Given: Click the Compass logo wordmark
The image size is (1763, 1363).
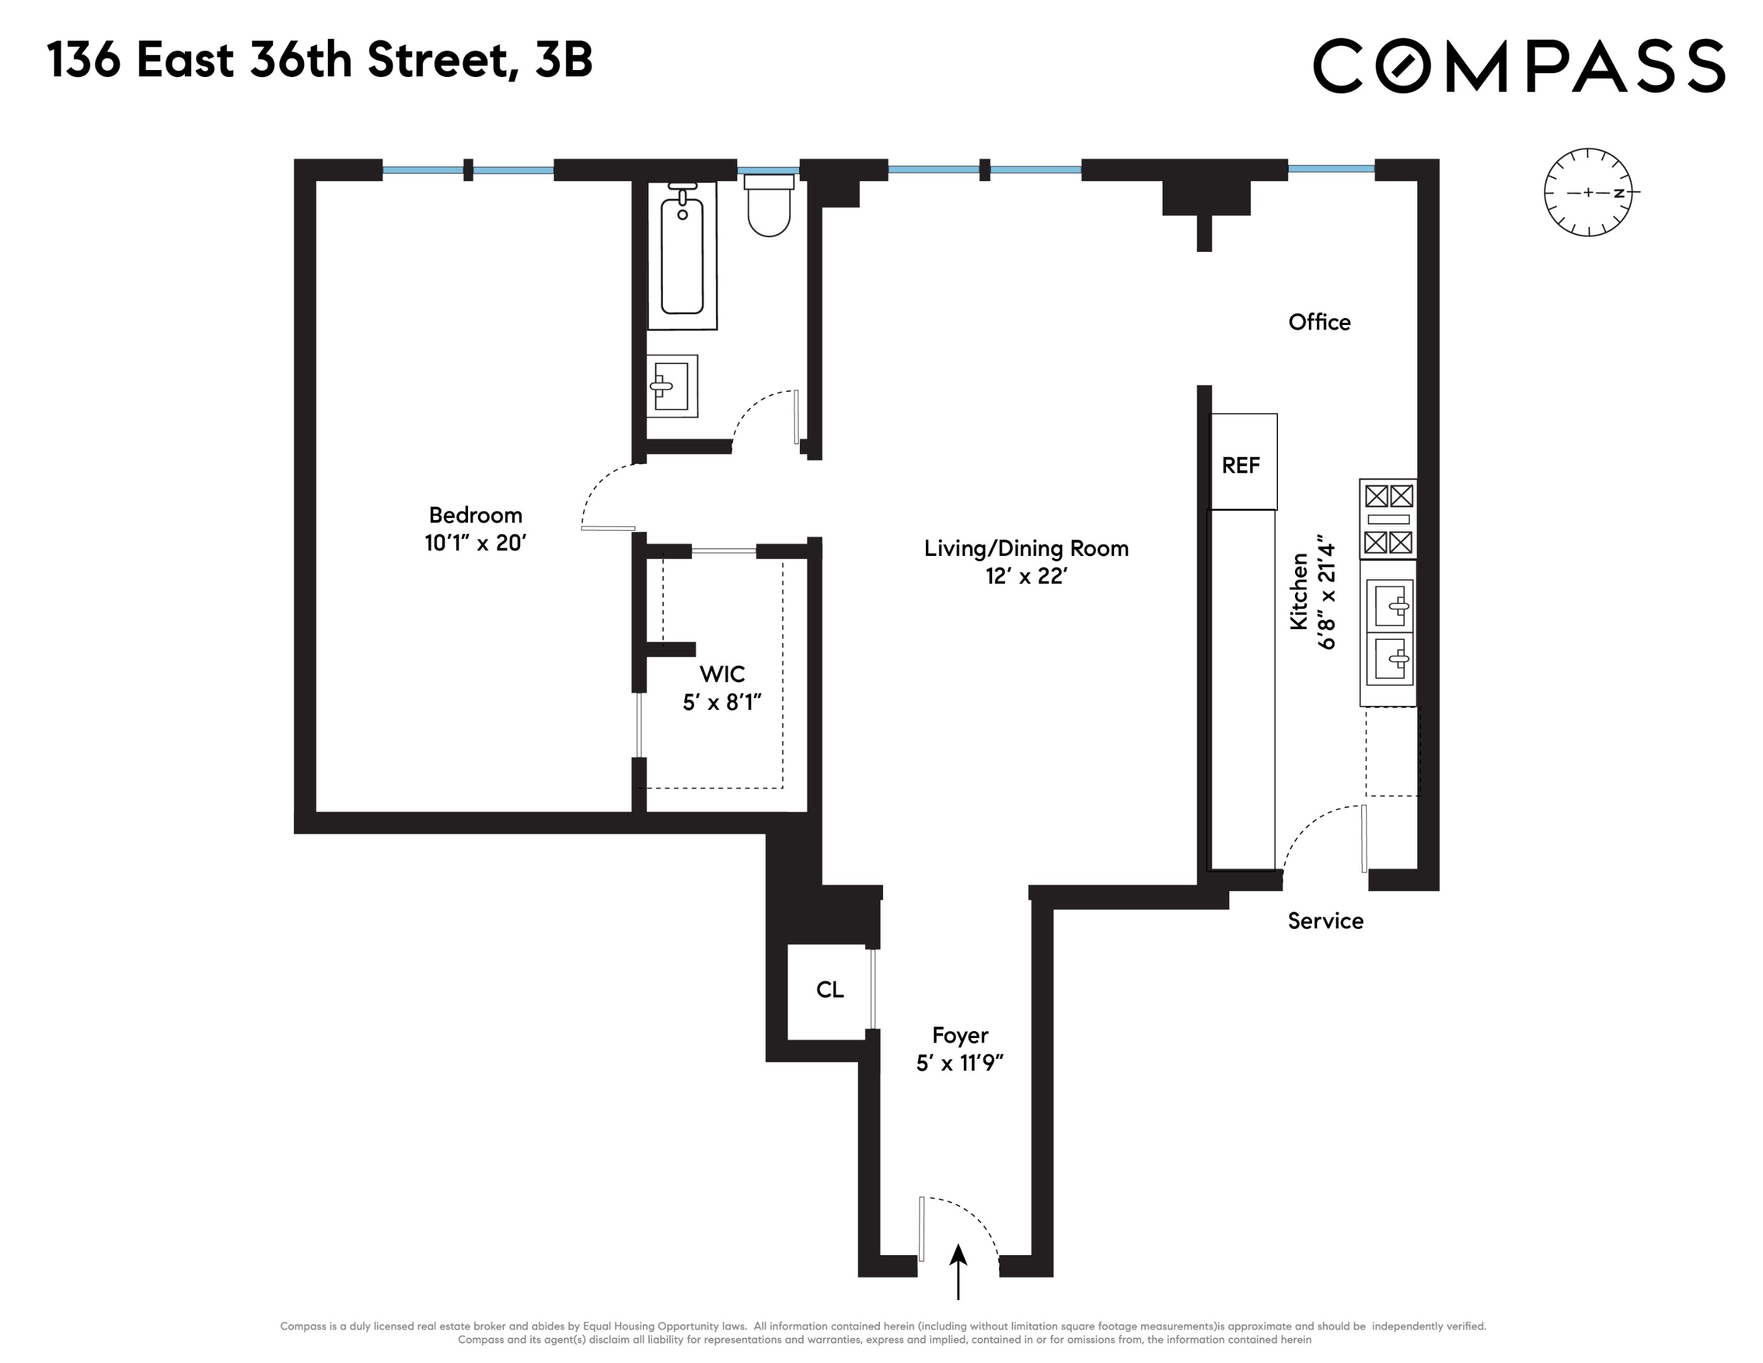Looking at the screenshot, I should click(x=1518, y=66).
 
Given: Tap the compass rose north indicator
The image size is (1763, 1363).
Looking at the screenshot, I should click(x=1618, y=193).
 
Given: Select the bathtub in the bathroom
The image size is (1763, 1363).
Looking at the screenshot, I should click(x=682, y=255).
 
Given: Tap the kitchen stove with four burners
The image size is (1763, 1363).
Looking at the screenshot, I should click(x=1388, y=519).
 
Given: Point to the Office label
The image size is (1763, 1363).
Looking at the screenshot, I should click(x=1319, y=322).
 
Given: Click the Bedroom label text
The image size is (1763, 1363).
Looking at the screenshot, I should click(x=476, y=515).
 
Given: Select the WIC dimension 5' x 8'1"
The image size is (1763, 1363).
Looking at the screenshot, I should click(x=722, y=702).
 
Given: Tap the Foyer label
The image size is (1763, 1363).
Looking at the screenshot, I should click(x=960, y=1035).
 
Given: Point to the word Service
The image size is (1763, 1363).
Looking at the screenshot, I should click(x=1325, y=921).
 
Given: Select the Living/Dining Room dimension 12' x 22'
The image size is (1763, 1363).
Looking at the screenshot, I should click(x=1026, y=575).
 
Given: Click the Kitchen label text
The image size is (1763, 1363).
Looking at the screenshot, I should click(x=1298, y=592).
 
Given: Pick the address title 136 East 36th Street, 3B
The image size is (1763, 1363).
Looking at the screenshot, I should click(x=320, y=61).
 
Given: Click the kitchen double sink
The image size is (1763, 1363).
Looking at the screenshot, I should click(x=1388, y=632).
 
